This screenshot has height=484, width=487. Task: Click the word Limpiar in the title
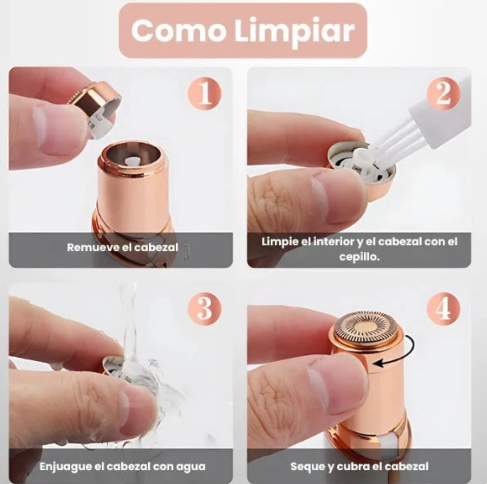[294, 30]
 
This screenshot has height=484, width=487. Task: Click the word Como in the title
[179, 30]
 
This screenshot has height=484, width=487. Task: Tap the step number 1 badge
[204, 93]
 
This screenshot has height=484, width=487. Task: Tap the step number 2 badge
[443, 93]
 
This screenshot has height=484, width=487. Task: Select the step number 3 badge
[204, 309]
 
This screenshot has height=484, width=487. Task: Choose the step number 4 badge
[443, 309]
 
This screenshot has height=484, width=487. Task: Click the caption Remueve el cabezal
[122, 247]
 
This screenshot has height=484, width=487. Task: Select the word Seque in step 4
[305, 466]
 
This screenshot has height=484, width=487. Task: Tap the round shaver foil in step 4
[366, 326]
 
